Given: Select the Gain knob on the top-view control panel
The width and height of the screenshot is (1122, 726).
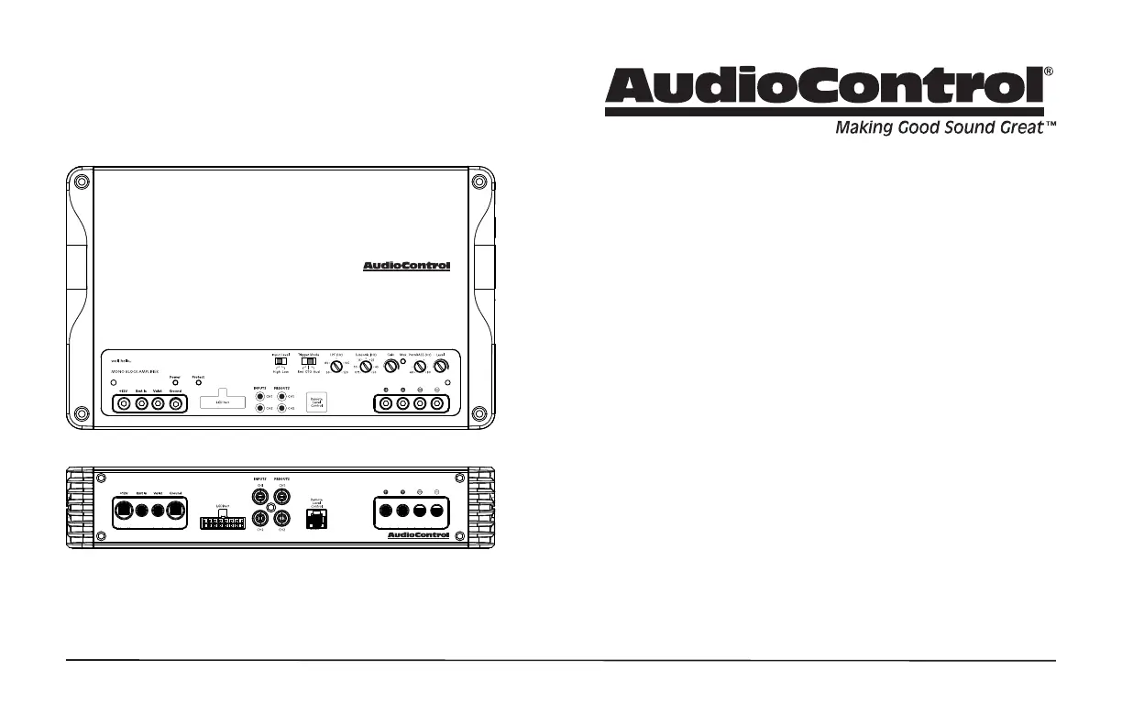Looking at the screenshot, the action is tap(392, 366).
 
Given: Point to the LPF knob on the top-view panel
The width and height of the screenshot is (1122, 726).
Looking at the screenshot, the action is tap(337, 366).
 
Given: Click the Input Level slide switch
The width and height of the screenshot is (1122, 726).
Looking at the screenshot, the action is tap(281, 361).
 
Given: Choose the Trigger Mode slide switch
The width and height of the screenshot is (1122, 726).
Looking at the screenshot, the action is tap(308, 361).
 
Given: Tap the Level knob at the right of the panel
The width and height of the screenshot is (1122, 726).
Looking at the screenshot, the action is tap(440, 366).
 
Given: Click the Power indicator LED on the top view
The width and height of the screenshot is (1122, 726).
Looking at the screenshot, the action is tap(175, 382).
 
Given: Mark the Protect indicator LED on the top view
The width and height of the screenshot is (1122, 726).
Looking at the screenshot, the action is tap(198, 382).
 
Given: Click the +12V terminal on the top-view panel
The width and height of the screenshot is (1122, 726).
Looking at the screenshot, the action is tap(122, 403).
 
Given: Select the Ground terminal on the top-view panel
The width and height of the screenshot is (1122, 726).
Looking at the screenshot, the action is tap(175, 403).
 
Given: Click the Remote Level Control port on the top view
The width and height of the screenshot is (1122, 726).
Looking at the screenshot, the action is tap(316, 402).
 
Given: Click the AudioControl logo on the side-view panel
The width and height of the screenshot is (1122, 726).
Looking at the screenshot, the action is tap(418, 535).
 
